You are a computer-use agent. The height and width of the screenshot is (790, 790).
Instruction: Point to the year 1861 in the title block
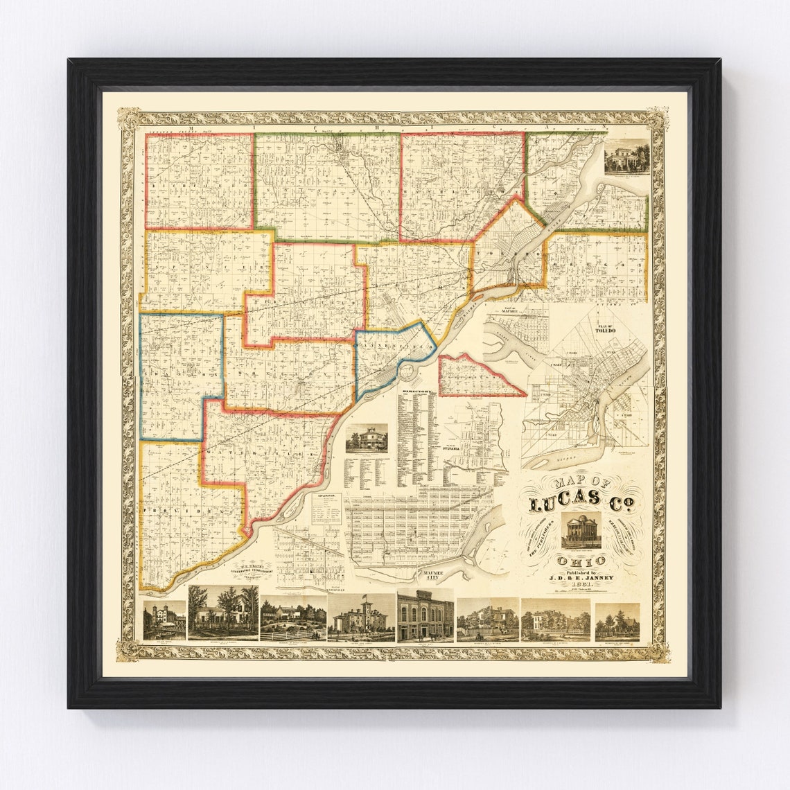coord(581,583)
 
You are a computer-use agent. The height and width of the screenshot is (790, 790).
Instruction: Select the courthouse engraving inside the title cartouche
coord(581,532)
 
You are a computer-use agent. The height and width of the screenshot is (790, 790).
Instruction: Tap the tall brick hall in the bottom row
coord(425,615)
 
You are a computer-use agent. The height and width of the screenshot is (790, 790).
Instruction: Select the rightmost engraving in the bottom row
coord(617,621)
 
